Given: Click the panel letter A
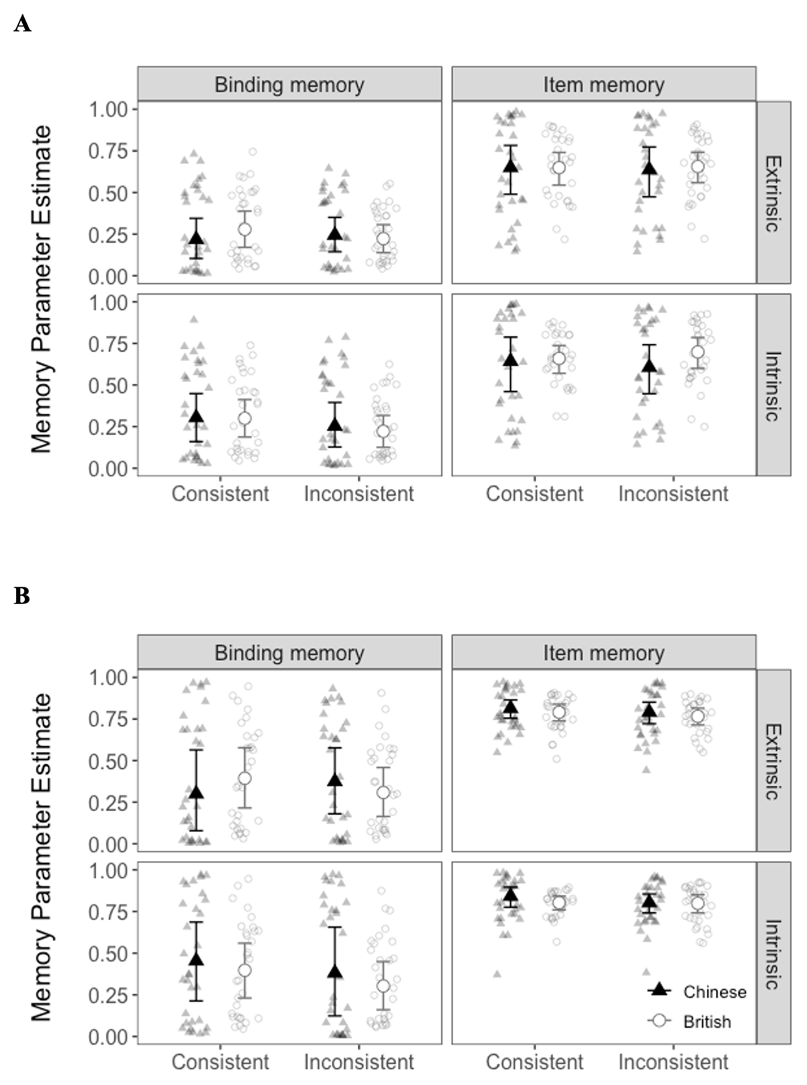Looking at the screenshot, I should (22, 25).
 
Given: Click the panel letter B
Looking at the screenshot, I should (22, 596).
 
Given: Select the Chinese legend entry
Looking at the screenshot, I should (714, 992).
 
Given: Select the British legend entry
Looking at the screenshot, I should (707, 1022).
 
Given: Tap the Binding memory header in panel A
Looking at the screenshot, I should (289, 85).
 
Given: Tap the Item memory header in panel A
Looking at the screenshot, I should (603, 85).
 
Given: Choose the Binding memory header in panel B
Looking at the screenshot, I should (289, 652).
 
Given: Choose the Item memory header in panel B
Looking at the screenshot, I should (603, 652).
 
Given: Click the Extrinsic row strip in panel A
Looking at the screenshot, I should (773, 193).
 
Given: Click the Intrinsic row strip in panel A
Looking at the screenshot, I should (773, 386).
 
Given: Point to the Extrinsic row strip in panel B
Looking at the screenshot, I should (773, 761).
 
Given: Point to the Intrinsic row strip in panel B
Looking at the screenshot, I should (773, 954).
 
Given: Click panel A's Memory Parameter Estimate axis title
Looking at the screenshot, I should (42, 289).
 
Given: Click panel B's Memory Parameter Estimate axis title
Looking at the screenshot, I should (42, 857).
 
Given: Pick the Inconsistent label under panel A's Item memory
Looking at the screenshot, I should (672, 494).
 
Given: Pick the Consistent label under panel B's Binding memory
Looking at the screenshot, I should (220, 1061).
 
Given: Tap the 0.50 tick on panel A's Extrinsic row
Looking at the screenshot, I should (108, 193).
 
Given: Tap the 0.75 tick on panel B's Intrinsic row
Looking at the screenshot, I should (108, 912).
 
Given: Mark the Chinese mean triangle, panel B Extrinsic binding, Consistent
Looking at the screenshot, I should (196, 792).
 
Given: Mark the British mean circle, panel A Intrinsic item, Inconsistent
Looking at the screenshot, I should (697, 352).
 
